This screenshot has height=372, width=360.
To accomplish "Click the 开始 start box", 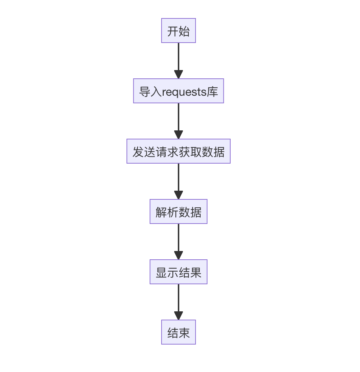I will coord(178,31).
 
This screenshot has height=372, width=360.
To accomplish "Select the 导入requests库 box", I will coord(178,91).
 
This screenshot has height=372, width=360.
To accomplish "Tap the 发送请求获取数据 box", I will coord(178,151).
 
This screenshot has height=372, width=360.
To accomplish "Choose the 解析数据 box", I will coord(178,212).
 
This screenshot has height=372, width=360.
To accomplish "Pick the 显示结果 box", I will coord(178,272).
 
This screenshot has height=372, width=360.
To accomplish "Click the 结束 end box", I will coord(178,332).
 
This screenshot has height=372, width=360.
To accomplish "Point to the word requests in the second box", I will coord(184,92).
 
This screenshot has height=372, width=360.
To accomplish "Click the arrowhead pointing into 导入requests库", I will coord(178,74).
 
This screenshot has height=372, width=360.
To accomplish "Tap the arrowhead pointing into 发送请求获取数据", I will coord(178,135).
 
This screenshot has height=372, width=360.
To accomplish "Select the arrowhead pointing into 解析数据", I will coord(178,195).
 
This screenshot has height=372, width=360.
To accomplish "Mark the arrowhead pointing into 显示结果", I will coord(178,255).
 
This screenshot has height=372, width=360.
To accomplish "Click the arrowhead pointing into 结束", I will coord(178,316).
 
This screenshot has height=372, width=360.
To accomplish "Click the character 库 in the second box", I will coord(213,92).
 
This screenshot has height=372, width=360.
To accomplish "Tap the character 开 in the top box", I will coord(173,31).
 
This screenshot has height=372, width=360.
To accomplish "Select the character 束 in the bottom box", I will coord(184,333).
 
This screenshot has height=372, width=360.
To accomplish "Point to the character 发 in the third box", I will coord(138,152).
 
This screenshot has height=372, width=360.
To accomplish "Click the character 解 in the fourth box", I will coord(161,212).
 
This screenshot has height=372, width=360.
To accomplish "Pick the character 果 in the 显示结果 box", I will coord(196,272).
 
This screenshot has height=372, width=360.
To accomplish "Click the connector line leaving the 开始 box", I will coord(178,56).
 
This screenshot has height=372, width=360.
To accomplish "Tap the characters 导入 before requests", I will coord(150,92).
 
